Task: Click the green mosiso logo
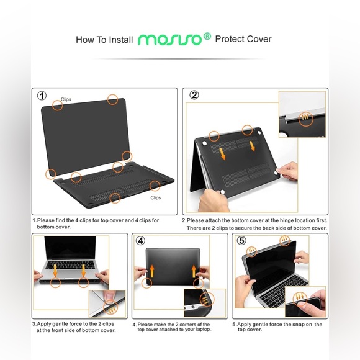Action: tap(170, 40)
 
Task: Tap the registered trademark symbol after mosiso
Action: tap(207, 36)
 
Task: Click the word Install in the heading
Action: tap(121, 40)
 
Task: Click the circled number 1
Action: tap(42, 96)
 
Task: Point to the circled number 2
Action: tap(194, 95)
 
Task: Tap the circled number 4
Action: tap(140, 241)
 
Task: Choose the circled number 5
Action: tap(241, 240)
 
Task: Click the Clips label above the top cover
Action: tap(66, 99)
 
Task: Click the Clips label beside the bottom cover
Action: tap(156, 197)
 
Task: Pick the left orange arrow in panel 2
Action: tap(222, 153)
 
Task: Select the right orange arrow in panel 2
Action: tap(252, 146)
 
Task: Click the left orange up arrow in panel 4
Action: tap(152, 271)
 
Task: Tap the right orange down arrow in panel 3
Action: tap(83, 271)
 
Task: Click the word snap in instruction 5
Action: tap(299, 325)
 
